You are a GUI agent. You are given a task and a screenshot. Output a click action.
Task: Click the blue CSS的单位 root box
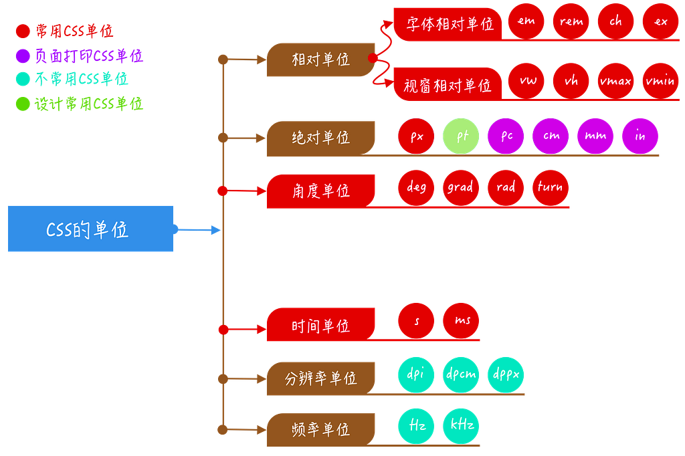(90, 229)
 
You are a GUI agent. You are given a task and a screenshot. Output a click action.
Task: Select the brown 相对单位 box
(320, 60)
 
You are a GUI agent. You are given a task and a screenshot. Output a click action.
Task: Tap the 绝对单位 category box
(320, 138)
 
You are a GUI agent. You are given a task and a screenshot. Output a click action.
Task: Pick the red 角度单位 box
(320, 191)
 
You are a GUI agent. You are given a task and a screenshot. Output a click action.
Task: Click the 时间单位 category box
(320, 324)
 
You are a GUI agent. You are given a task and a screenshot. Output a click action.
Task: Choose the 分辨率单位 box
(320, 378)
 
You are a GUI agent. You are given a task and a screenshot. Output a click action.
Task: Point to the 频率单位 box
(320, 429)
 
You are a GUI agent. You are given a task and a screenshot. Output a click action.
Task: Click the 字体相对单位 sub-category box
(448, 24)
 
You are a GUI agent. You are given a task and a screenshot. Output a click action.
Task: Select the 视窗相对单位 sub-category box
(448, 84)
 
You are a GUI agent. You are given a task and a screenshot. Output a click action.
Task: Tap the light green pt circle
(461, 136)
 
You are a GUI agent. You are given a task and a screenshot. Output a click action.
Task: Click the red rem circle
(571, 21)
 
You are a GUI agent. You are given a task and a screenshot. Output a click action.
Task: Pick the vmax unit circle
(615, 81)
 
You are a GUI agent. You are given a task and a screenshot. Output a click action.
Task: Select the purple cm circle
(551, 136)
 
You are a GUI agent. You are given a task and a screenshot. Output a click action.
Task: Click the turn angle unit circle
(551, 187)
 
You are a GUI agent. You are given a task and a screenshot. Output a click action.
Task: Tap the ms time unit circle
(461, 320)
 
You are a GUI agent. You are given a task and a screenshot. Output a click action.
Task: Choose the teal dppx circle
(506, 374)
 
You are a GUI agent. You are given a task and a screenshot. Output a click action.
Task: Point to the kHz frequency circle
(461, 425)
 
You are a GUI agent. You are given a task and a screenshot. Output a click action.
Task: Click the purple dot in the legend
(23, 55)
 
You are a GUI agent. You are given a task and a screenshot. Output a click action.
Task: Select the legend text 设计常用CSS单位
(89, 104)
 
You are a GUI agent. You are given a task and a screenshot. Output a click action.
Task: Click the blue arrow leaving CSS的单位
(197, 229)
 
